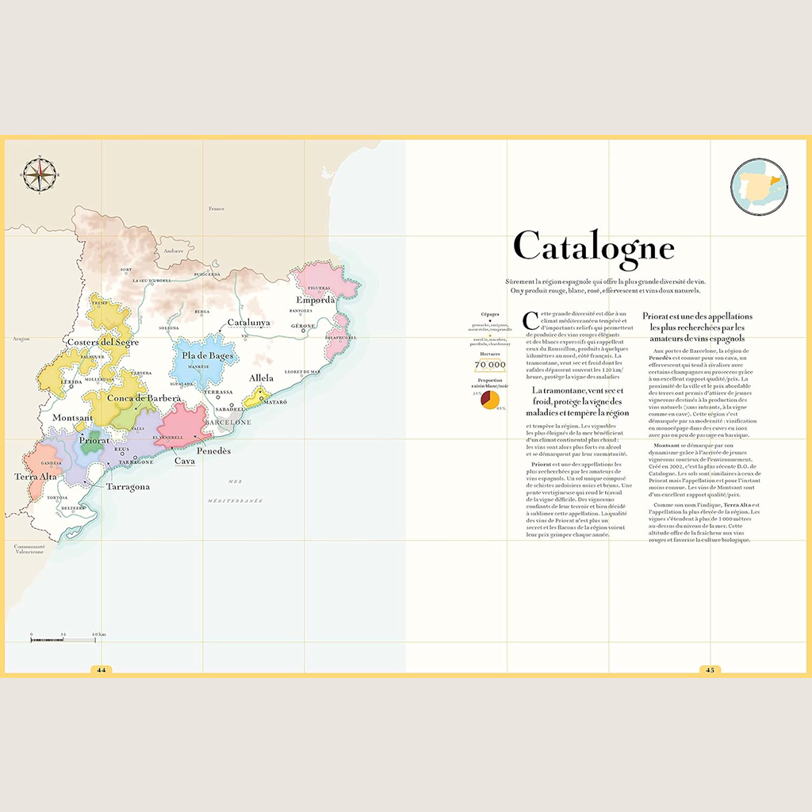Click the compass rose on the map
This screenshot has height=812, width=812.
36,174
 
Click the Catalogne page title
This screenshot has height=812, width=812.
594,247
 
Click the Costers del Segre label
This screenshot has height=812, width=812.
104,342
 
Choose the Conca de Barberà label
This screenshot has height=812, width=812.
144,398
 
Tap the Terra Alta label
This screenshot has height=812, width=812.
36,477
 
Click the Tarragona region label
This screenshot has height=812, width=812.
128,487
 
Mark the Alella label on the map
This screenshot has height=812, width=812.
261,378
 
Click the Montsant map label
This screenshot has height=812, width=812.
72,417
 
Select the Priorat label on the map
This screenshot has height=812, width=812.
94,440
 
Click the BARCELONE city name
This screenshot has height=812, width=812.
228,423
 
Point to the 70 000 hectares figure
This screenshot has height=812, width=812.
490,365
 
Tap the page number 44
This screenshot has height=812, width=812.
101,669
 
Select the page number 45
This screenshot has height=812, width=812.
710,669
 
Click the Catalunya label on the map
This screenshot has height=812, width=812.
249,323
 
